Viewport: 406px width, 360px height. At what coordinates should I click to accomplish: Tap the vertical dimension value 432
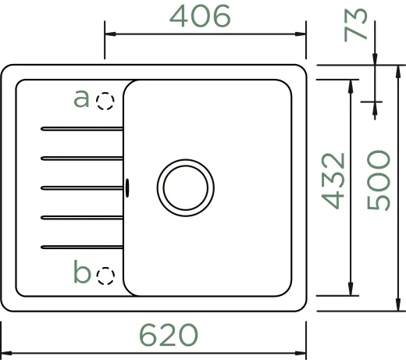click(333, 181)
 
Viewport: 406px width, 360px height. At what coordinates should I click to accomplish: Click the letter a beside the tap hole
click(81, 98)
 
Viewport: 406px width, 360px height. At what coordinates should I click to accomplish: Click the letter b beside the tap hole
click(82, 273)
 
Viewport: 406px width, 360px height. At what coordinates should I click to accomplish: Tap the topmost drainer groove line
click(81, 127)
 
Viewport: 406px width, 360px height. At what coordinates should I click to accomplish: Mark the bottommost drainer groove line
click(81, 247)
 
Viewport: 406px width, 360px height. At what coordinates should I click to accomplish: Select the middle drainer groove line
click(81, 187)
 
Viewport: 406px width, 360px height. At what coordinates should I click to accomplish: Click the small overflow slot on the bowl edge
click(127, 187)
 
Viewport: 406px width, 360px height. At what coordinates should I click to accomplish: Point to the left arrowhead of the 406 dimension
click(109, 34)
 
